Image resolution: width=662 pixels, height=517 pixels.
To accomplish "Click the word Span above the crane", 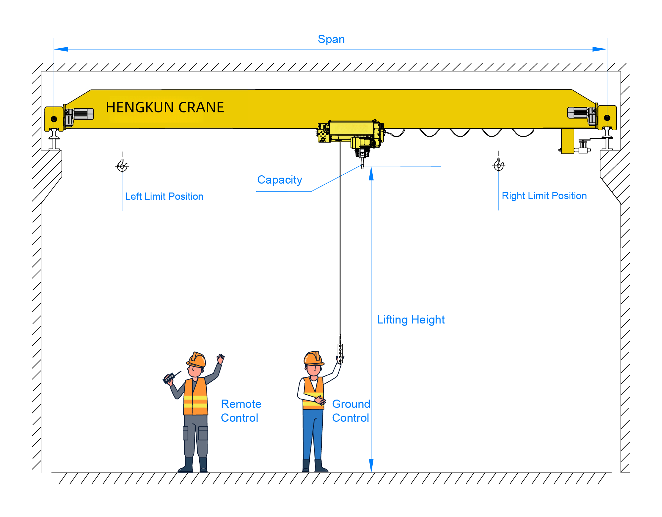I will [331, 39].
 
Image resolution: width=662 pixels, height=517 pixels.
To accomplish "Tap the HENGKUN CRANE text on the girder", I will [165, 108].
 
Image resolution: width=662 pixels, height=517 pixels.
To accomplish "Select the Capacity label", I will [280, 180].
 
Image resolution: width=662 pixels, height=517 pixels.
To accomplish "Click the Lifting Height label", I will [411, 320].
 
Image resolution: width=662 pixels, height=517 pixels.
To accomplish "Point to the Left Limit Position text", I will [164, 196].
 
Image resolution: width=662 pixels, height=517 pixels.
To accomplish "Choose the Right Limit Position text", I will [544, 196].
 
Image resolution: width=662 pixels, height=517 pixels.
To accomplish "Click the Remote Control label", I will [241, 411].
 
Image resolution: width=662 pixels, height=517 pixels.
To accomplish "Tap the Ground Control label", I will [351, 411].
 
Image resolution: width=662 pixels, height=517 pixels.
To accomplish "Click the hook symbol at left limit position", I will [122, 166].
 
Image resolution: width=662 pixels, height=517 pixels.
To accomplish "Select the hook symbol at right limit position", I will [498, 165].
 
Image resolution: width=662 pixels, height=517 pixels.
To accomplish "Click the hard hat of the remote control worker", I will [197, 360].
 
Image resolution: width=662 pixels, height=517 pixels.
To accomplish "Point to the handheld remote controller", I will [169, 378].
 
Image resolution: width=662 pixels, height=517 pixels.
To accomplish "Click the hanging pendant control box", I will [340, 353].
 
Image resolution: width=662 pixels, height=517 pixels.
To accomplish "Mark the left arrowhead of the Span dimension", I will [61, 49].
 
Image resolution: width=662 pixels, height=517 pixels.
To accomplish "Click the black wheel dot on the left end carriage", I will [54, 119].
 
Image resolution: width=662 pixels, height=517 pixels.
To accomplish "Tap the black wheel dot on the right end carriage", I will [607, 118].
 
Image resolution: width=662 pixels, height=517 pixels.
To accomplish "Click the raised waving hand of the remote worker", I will [220, 358].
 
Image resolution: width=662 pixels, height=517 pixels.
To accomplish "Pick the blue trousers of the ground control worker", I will [313, 433].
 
